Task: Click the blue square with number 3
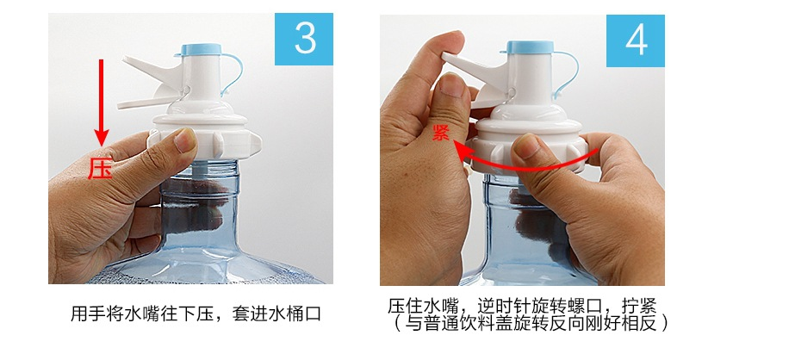303,40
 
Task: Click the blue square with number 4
635,40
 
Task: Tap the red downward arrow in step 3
101,102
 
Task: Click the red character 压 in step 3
100,169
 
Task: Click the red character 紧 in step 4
441,132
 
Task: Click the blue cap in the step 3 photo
201,49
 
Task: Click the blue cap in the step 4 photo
531,47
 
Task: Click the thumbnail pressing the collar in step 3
184,140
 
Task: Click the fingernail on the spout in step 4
452,84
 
